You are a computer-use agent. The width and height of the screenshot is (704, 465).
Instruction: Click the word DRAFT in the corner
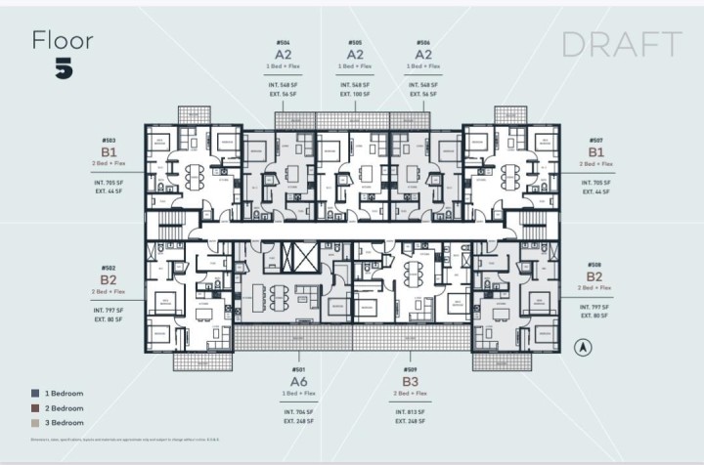(621, 44)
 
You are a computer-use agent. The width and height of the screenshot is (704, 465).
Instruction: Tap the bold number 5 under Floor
(64, 68)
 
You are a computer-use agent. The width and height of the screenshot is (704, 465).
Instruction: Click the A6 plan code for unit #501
(298, 382)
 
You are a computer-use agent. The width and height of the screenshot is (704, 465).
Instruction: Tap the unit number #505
(355, 43)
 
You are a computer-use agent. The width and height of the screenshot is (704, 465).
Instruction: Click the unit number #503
(108, 140)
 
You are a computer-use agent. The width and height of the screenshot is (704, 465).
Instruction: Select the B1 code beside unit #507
(595, 152)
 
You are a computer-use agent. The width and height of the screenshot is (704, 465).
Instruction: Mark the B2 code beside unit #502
(108, 279)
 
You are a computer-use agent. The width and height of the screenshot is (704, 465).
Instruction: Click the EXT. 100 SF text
(355, 94)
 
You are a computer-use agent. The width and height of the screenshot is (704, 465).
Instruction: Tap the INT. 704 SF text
(298, 412)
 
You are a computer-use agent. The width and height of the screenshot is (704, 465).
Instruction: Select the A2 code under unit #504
(284, 56)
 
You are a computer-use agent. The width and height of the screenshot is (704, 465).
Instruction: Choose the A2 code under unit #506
(423, 56)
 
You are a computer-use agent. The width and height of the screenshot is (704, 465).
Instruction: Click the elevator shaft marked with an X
(293, 259)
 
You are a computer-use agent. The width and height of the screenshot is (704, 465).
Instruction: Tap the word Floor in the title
(64, 40)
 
